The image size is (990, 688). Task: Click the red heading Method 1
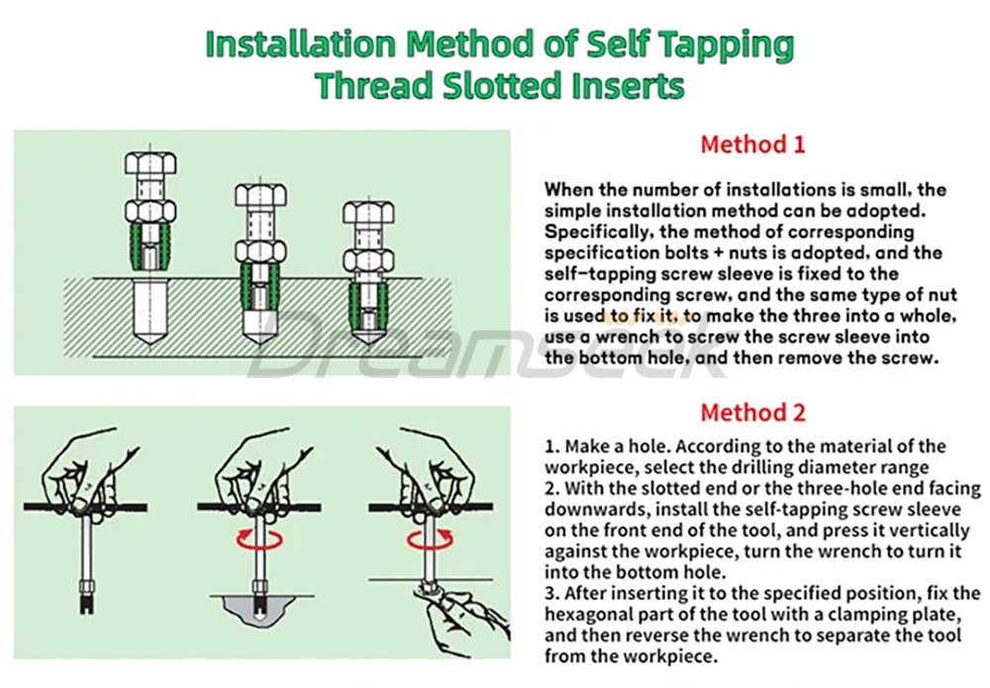pyautogui.click(x=752, y=145)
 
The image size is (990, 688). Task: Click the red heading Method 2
pyautogui.click(x=752, y=413)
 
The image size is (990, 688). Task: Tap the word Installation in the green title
pyautogui.click(x=301, y=45)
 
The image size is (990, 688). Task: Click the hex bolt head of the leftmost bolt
pyautogui.click(x=150, y=163)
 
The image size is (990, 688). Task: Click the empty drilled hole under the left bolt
pyautogui.click(x=150, y=313)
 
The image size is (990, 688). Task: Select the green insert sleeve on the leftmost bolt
pyautogui.click(x=150, y=246)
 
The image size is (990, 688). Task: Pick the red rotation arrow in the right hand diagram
pyautogui.click(x=430, y=540)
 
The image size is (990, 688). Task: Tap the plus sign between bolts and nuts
pyautogui.click(x=717, y=253)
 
